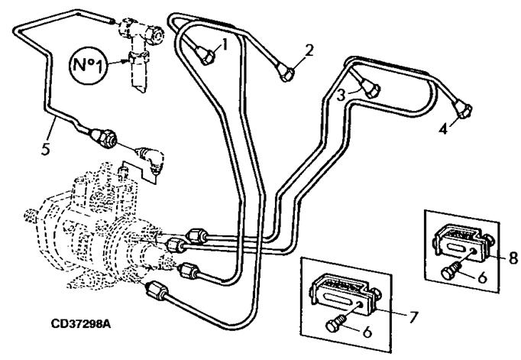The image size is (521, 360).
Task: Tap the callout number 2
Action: pos(309,50)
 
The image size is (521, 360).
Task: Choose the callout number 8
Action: pos(513,257)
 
